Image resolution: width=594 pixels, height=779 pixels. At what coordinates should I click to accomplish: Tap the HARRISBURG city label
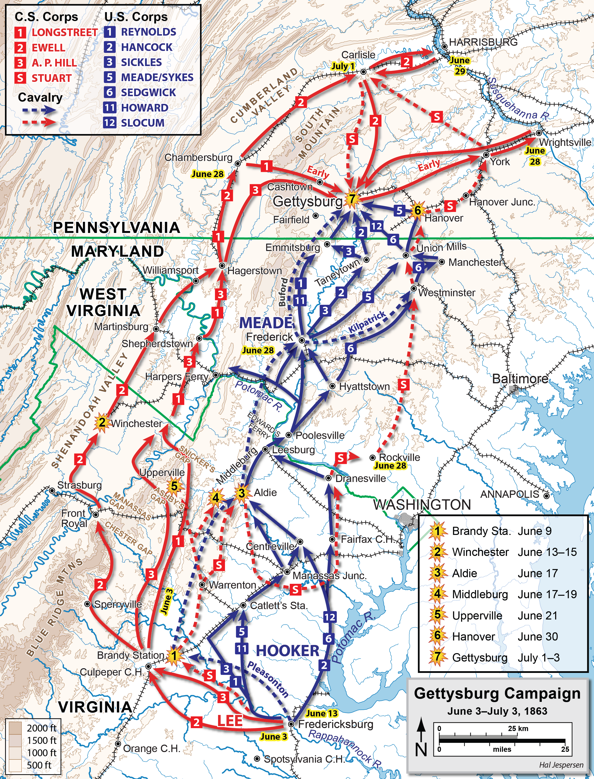pyautogui.click(x=483, y=42)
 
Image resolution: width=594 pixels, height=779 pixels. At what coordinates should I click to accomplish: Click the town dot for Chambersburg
pyautogui.click(x=238, y=163)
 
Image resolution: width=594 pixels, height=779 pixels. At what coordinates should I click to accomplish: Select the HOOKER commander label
pyautogui.click(x=287, y=650)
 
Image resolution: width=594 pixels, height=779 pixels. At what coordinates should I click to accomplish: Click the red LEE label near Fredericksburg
pyautogui.click(x=230, y=721)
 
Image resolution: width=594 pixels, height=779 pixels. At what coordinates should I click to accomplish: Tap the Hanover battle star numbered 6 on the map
pyautogui.click(x=418, y=210)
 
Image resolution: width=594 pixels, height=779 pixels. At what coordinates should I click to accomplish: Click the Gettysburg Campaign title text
pyautogui.click(x=497, y=693)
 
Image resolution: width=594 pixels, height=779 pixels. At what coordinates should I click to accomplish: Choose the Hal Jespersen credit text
pyautogui.click(x=561, y=765)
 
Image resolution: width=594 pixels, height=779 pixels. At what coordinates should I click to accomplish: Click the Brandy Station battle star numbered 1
pyautogui.click(x=173, y=656)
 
